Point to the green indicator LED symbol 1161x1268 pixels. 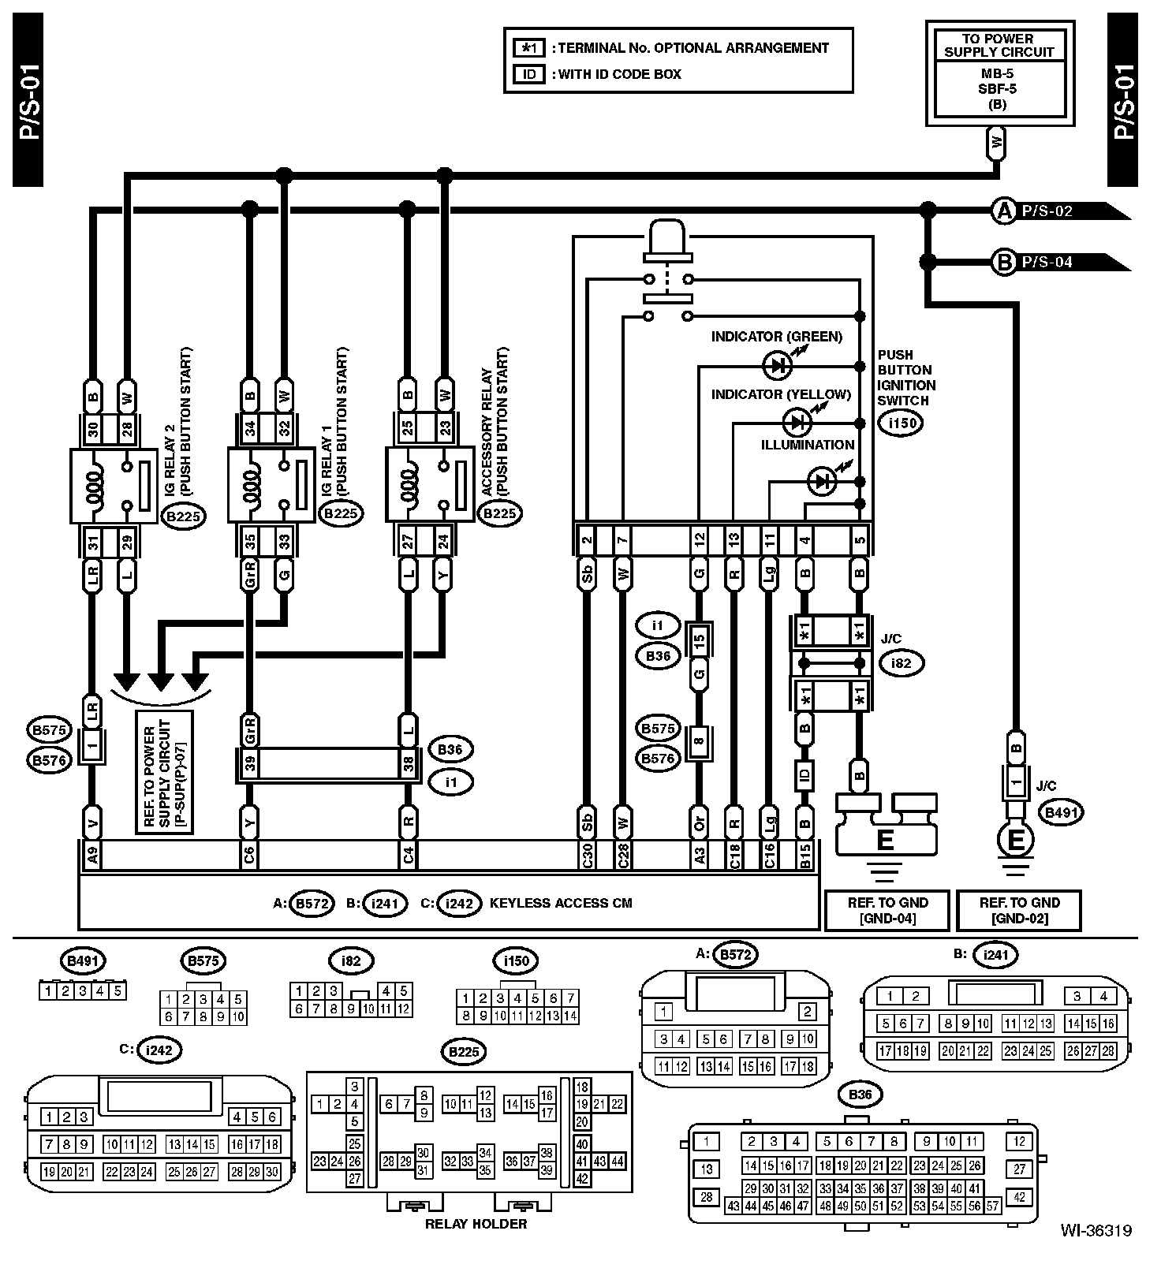click(777, 365)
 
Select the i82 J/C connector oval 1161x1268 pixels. click(902, 663)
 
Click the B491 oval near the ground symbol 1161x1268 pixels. click(1061, 812)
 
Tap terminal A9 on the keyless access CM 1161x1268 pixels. click(92, 856)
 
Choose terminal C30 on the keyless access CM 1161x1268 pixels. click(587, 856)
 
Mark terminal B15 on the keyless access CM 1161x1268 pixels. click(804, 856)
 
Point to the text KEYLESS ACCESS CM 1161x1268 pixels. click(561, 904)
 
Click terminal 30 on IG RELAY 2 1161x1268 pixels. click(93, 430)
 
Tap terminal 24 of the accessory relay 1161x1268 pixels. click(443, 542)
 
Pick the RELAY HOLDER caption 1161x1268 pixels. click(476, 1224)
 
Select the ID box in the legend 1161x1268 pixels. click(529, 74)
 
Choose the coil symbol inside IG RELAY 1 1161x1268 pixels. click(250, 485)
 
